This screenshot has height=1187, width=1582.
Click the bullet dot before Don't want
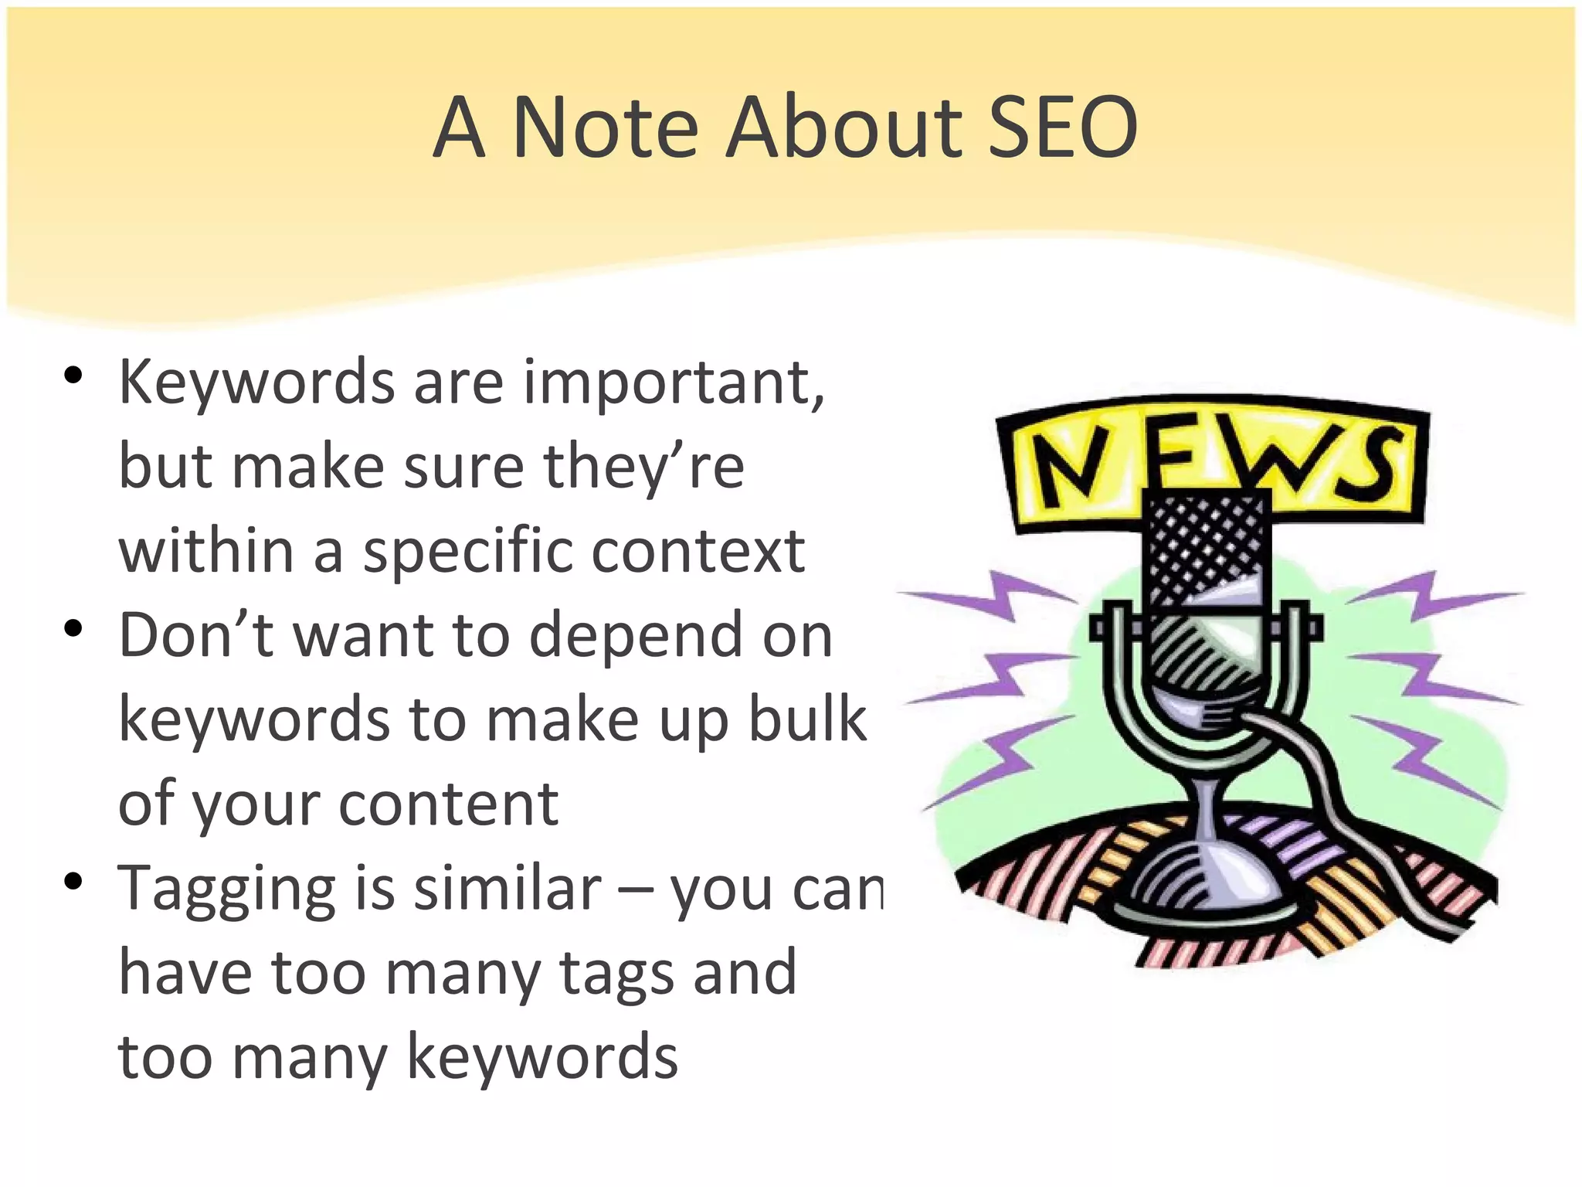click(73, 629)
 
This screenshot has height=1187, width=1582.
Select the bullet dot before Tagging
click(73, 882)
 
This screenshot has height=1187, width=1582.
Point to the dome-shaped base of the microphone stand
click(1202, 881)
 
